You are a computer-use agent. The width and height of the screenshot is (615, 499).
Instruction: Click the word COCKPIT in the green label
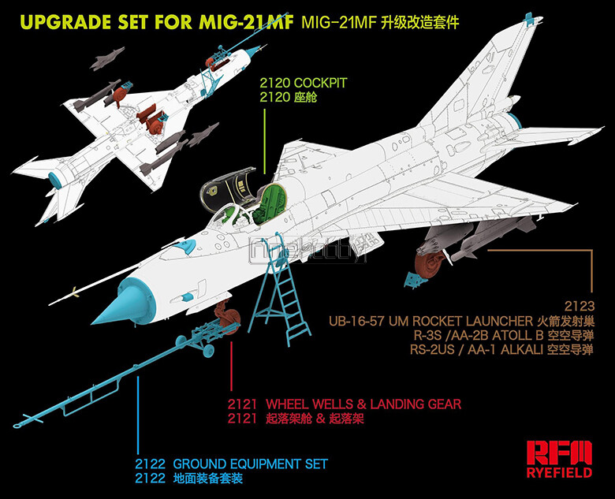[320, 84]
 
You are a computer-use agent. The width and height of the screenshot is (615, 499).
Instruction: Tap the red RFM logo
[559, 452]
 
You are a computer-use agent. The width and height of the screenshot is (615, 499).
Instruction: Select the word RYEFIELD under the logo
[559, 472]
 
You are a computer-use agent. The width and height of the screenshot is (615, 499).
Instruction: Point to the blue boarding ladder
[280, 290]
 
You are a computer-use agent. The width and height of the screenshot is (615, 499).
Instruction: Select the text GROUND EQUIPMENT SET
[250, 464]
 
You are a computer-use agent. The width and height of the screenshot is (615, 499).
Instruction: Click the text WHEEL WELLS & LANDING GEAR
[363, 404]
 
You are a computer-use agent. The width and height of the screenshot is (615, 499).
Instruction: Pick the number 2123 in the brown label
[580, 306]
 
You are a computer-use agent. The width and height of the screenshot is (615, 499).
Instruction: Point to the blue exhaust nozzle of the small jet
[56, 180]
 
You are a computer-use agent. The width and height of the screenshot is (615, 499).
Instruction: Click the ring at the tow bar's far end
[17, 425]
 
